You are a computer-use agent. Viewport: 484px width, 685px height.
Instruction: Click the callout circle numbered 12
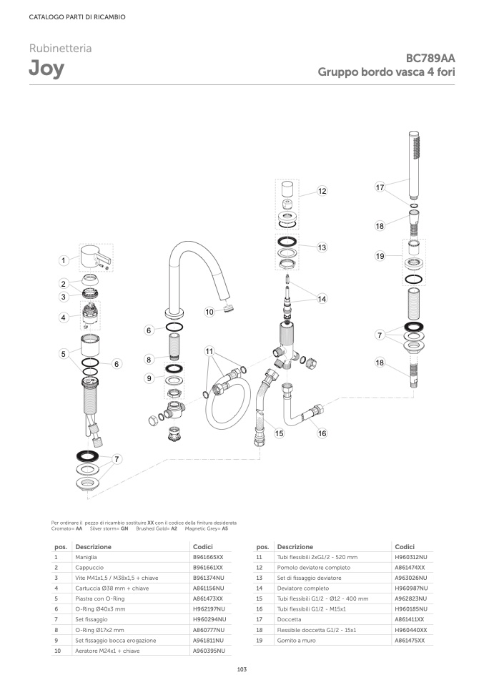point(322,191)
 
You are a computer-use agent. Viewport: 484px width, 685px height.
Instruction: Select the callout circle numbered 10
point(209,312)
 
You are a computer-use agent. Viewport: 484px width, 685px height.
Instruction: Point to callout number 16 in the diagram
point(322,433)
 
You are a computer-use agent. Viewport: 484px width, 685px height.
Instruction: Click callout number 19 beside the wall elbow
point(380,256)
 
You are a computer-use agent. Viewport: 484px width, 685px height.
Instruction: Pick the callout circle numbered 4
point(64,317)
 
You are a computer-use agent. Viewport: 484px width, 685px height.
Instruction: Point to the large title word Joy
point(46,69)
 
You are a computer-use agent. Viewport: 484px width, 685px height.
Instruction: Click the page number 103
point(242,669)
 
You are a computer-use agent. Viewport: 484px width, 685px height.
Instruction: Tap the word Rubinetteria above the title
point(60,49)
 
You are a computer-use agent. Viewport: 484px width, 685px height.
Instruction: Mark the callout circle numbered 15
point(279,433)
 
